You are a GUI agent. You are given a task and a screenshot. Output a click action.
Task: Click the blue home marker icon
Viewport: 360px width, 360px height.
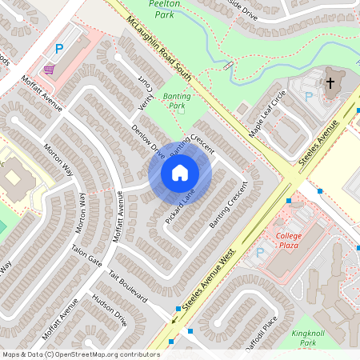[x=180, y=173]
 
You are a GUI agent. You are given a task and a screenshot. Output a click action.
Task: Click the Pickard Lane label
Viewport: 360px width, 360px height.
[x=180, y=206]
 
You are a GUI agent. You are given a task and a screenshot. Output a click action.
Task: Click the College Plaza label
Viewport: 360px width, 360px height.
[x=288, y=241]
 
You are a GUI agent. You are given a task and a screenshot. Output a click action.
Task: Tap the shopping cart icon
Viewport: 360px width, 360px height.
[x=50, y=70]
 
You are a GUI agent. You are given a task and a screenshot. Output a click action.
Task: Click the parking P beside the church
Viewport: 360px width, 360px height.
[x=308, y=97]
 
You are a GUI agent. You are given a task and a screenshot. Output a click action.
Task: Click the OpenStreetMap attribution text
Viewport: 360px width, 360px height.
[x=81, y=354]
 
